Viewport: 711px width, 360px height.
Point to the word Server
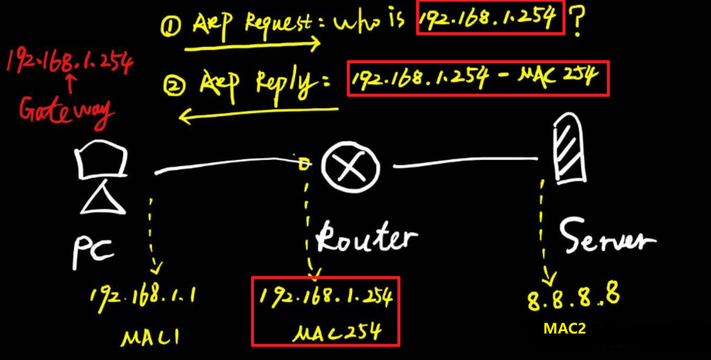[x=605, y=235]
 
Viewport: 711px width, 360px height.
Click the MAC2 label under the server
[x=565, y=329]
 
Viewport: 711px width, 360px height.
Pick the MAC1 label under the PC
[x=152, y=337]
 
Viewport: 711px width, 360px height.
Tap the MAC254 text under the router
[x=336, y=333]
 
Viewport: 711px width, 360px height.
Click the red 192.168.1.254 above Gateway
[x=68, y=62]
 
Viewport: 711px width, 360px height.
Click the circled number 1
[x=171, y=28]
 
